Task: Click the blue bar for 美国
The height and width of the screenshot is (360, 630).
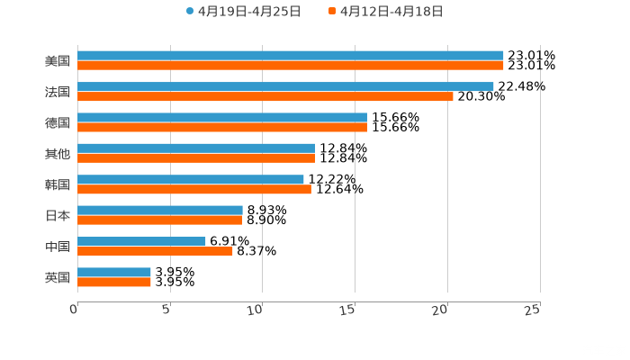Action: tap(290, 56)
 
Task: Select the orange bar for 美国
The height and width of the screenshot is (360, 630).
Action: tap(290, 66)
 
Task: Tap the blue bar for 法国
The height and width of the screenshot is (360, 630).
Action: tap(285, 86)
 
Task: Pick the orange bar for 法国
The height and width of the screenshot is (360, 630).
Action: tap(265, 96)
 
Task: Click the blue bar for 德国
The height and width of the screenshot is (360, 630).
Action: tap(222, 117)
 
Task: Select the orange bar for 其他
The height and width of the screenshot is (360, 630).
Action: tap(196, 158)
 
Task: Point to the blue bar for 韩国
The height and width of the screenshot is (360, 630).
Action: tap(191, 179)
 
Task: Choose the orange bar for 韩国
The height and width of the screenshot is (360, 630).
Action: tap(194, 189)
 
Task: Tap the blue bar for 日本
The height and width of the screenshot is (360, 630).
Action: tap(160, 210)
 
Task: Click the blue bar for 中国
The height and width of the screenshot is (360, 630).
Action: tap(141, 241)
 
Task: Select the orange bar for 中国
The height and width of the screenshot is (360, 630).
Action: tap(155, 251)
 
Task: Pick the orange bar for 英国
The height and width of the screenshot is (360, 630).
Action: tap(114, 282)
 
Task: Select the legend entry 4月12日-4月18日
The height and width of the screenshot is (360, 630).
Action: tap(391, 12)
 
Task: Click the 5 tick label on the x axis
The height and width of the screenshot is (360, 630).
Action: tap(166, 310)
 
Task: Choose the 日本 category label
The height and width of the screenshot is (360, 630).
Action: tap(58, 215)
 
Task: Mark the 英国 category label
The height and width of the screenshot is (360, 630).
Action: tap(58, 277)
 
